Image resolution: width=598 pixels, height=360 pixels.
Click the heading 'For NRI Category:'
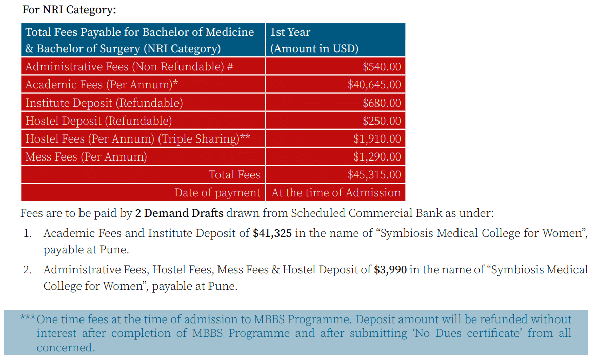69,10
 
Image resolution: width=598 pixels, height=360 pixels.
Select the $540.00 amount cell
382,66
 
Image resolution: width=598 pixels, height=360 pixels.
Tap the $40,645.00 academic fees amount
374,84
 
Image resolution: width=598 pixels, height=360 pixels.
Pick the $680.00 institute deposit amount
382,103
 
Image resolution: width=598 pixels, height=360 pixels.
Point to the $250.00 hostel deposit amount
382,121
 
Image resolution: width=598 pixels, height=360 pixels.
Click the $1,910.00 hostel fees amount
377,138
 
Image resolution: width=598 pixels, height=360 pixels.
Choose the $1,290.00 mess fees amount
377,156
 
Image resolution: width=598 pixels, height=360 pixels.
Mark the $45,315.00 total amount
374,174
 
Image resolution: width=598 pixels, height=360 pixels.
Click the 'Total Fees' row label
234,174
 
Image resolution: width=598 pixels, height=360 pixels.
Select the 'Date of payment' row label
217,193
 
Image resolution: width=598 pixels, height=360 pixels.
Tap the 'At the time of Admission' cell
336,193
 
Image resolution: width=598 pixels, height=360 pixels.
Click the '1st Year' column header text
290,32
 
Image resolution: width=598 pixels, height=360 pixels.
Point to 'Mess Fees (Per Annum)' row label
86,156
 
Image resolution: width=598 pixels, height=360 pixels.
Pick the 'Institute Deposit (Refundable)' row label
104,103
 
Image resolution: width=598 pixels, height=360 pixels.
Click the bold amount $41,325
272,233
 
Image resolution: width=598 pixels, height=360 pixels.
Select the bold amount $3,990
390,270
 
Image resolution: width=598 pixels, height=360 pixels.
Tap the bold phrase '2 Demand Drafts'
179,213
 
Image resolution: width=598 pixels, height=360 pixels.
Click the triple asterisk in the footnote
28,318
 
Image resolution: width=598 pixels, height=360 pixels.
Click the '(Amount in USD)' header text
314,49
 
